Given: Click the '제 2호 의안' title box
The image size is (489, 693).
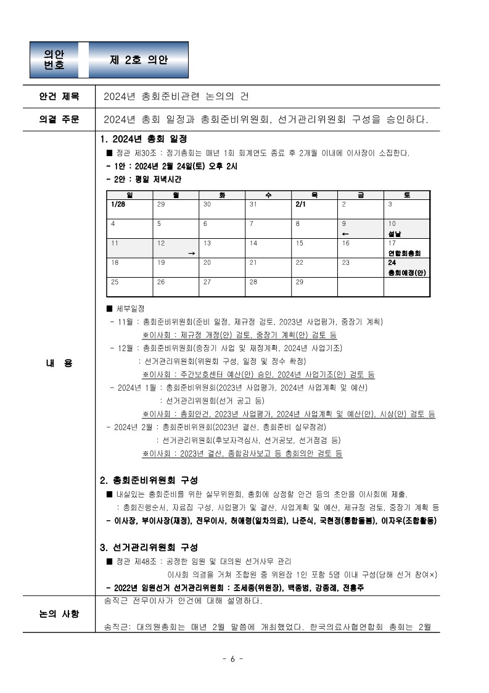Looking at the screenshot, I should (139, 60).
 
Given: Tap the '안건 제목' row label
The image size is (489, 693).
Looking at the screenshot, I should (59, 96).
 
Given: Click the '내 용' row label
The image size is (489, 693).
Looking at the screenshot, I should (59, 363).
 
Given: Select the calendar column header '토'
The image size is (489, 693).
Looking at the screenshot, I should (406, 195).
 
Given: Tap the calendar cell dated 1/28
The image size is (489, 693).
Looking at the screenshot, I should (118, 204).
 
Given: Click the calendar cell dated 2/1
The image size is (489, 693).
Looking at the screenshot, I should (302, 204).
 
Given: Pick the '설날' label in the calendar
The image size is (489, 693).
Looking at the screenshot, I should (395, 234).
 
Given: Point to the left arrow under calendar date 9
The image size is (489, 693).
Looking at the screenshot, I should (345, 234).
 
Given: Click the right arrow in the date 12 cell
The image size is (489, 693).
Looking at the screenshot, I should (191, 253).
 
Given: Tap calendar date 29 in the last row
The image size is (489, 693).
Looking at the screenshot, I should (300, 281).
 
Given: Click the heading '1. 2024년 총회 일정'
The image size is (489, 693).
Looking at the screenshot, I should (143, 139).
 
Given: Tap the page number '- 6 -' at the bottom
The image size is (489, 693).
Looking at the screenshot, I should (232, 658).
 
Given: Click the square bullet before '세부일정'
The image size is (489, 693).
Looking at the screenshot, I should (110, 309).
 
